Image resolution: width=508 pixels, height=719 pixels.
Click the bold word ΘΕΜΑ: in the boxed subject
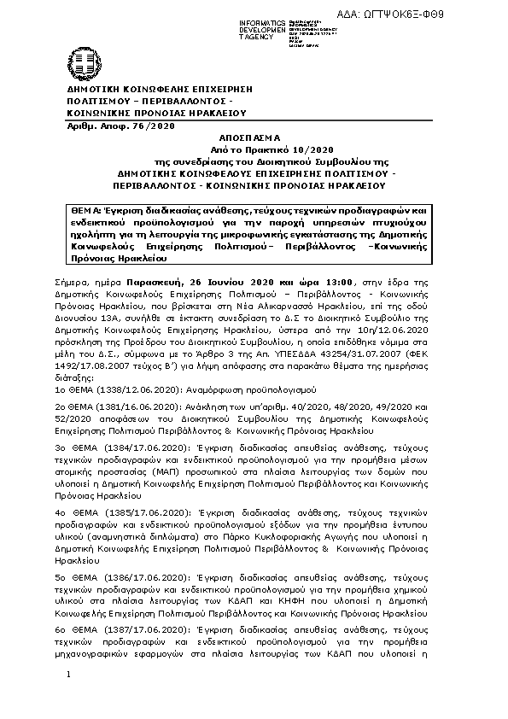pyautogui.click(x=88, y=210)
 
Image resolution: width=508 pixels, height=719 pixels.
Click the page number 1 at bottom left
pyautogui.click(x=68, y=699)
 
